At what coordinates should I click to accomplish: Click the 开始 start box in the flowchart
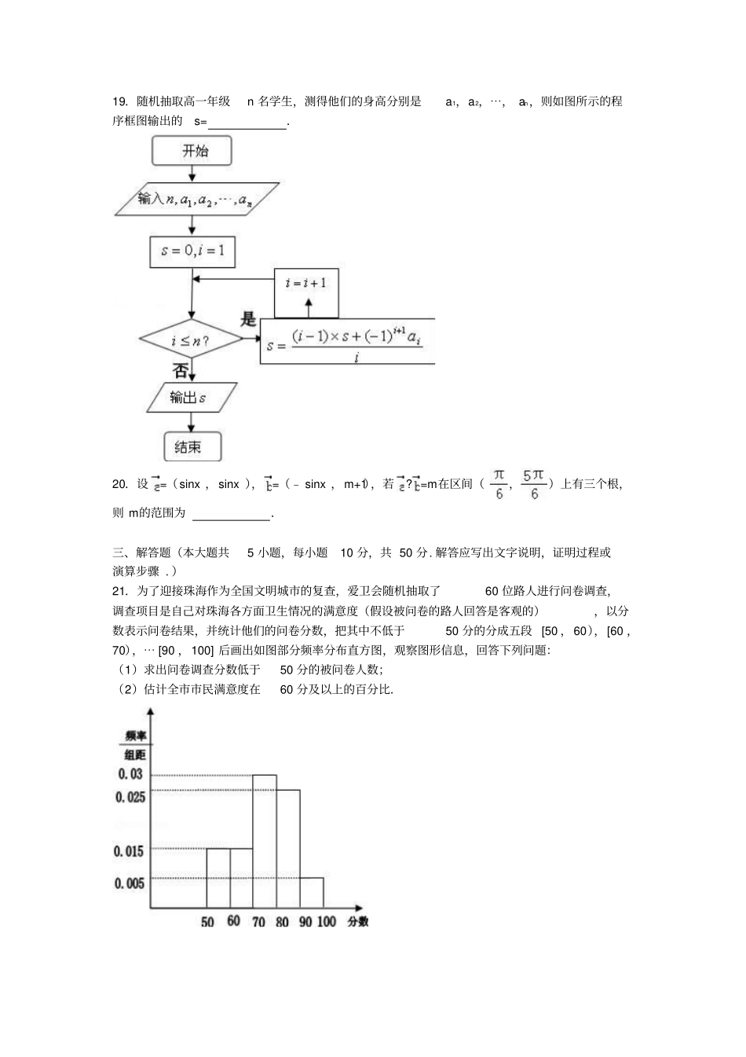click(192, 150)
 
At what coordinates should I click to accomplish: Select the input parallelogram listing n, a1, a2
click(196, 200)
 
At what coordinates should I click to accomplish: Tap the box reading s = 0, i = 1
click(192, 251)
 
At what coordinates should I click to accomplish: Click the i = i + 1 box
click(306, 284)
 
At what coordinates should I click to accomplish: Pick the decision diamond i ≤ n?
click(192, 341)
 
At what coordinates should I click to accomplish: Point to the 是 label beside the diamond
click(248, 319)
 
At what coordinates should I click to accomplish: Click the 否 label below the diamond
click(180, 369)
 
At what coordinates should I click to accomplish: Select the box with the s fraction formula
click(347, 341)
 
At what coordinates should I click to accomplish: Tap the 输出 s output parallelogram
click(192, 398)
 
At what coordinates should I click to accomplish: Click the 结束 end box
click(192, 446)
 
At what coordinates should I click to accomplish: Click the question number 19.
click(119, 101)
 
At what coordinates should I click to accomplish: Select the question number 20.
click(119, 484)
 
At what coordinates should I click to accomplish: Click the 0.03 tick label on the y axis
click(130, 774)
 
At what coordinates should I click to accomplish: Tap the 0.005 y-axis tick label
click(130, 883)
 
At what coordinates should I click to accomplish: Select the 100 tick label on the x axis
click(327, 922)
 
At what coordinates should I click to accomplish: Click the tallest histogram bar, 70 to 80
click(265, 841)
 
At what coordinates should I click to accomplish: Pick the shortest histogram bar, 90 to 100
click(312, 893)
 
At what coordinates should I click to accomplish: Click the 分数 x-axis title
click(357, 921)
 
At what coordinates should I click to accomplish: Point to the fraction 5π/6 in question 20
click(534, 484)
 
